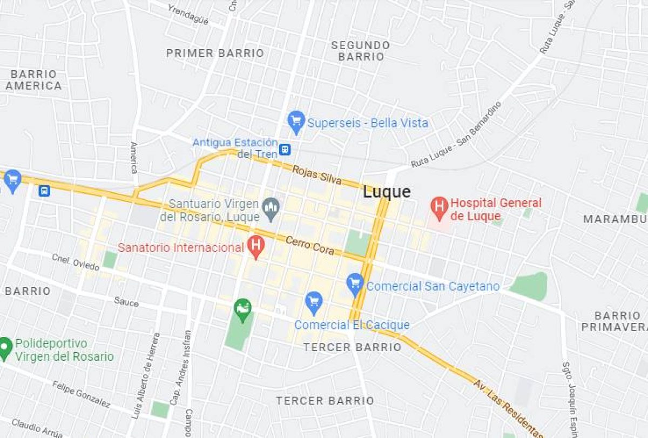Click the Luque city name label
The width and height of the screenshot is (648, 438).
click(x=387, y=192)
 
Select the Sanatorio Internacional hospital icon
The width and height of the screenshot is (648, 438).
click(x=256, y=247)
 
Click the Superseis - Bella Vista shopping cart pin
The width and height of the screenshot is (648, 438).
click(x=296, y=122)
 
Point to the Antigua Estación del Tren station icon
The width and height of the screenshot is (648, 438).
click(x=285, y=149)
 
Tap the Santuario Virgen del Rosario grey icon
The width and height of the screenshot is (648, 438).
click(x=271, y=207)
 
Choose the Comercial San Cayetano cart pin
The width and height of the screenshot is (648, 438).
click(x=355, y=284)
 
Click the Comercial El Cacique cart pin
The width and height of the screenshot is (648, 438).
click(x=314, y=302)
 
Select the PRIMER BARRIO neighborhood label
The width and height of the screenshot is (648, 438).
click(x=215, y=53)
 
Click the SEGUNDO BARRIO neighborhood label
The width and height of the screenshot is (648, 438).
click(x=360, y=51)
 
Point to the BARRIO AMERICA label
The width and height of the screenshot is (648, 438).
click(x=33, y=80)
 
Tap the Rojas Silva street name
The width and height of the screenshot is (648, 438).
click(x=316, y=175)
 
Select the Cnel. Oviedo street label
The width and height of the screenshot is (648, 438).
click(x=76, y=262)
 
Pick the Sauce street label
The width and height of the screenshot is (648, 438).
click(x=126, y=301)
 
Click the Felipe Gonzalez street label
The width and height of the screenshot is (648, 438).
click(x=82, y=394)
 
